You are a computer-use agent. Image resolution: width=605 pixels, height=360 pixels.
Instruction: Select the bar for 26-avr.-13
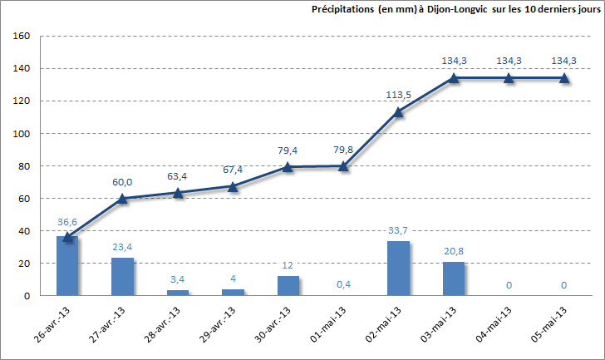pyautogui.click(x=67, y=266)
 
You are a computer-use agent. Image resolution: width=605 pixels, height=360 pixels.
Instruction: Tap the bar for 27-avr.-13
pyautogui.click(x=122, y=277)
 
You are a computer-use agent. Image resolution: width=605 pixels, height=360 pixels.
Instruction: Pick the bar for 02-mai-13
pyautogui.click(x=399, y=269)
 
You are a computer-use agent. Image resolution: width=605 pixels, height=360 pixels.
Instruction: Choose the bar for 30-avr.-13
pyautogui.click(x=288, y=286)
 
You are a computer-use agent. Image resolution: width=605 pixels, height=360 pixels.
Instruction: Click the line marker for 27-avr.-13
pyautogui.click(x=123, y=198)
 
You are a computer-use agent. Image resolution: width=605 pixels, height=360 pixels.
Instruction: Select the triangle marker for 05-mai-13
pyautogui.click(x=564, y=77)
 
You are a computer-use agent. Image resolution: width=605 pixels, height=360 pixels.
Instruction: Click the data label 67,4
pyautogui.click(x=233, y=170)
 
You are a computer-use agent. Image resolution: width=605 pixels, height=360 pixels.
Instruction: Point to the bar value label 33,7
pyautogui.click(x=399, y=230)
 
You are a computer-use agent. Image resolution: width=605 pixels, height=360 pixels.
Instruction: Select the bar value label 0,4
pyautogui.click(x=343, y=284)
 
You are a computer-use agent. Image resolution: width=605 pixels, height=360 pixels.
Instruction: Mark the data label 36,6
pyautogui.click(x=67, y=222)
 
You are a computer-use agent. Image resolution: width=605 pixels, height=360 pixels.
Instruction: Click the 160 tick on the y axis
pyautogui.click(x=22, y=37)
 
